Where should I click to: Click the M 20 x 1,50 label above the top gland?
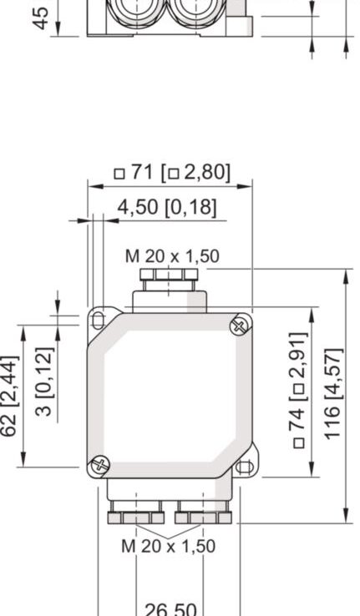click(x=172, y=256)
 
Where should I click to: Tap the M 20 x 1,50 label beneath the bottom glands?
click(x=168, y=546)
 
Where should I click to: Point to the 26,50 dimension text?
click(x=170, y=608)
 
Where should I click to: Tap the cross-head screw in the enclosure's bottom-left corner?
click(x=100, y=462)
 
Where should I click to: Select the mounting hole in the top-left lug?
click(x=99, y=318)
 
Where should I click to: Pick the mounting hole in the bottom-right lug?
click(x=244, y=467)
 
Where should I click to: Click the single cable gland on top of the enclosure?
click(x=170, y=289)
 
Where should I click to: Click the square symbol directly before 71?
click(x=119, y=174)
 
